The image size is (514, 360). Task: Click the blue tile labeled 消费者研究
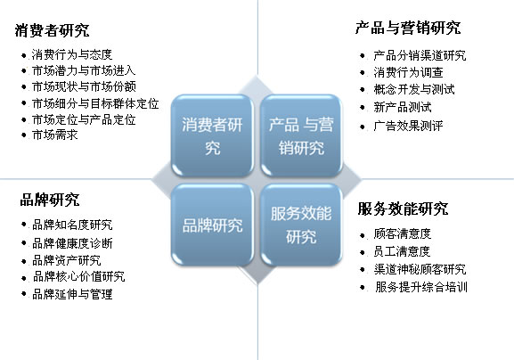point(212,135)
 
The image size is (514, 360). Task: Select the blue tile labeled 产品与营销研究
point(301,135)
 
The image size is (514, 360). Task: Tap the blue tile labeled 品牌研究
point(212,225)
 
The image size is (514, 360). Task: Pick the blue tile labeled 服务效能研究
point(301,225)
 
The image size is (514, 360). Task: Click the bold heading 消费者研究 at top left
point(52,30)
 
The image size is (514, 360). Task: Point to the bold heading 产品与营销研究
point(408,28)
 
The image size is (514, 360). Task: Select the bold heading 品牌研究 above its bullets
point(50,200)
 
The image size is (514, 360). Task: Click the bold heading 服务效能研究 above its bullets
point(403,209)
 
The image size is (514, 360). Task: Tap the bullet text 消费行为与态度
point(72,54)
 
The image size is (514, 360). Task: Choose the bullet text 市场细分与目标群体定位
point(95,103)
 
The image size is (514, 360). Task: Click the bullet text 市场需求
point(54,135)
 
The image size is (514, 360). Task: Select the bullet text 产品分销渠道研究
point(420,55)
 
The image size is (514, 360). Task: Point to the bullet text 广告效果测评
point(408,126)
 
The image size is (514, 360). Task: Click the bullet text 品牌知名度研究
point(72,225)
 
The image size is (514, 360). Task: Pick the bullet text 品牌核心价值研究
point(78,276)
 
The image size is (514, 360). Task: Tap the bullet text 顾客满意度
point(403,233)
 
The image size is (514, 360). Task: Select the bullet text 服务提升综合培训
point(421,287)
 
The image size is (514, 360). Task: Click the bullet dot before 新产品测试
point(363,107)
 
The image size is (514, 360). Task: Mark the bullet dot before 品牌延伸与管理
point(23,293)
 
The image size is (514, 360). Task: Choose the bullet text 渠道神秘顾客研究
point(420,269)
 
